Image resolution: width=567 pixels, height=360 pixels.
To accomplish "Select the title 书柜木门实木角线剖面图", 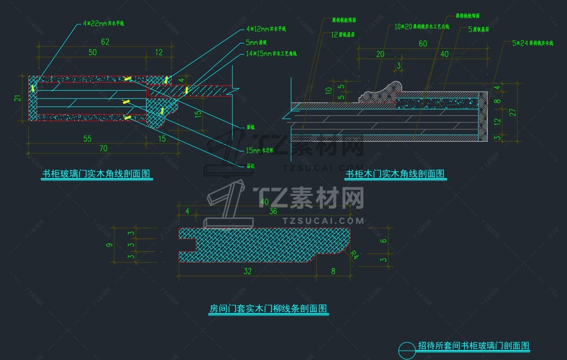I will point(395,174).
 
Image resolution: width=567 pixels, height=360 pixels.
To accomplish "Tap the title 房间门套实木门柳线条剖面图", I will point(268,309).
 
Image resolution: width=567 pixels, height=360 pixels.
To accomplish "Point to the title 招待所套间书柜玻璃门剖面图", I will point(474,345).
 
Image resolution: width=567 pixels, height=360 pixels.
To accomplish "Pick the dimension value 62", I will point(105,42).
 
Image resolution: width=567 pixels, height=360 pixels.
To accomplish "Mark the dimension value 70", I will point(103,148).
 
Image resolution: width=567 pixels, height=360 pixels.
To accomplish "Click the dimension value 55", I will point(88,139).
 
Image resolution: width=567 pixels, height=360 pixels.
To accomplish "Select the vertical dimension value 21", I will point(17,98).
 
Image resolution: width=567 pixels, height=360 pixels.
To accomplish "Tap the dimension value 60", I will point(423,43).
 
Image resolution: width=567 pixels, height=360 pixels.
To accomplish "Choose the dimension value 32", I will point(247,271).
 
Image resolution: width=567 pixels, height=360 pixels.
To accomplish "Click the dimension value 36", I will point(273,211).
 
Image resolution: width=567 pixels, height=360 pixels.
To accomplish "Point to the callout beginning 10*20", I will point(422,27).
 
